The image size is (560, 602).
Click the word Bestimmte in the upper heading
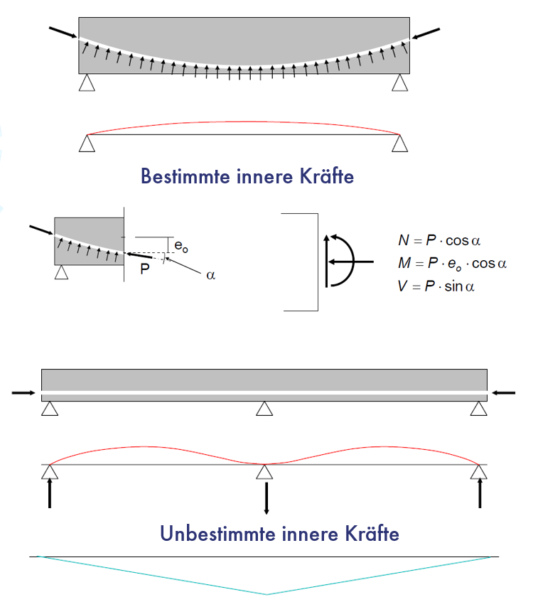click(x=185, y=176)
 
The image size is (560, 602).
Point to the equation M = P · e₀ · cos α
click(x=452, y=264)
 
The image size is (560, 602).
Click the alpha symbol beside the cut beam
click(x=210, y=275)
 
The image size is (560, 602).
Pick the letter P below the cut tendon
click(x=145, y=269)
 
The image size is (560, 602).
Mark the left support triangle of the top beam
click(x=87, y=83)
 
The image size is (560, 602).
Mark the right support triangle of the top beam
click(x=400, y=83)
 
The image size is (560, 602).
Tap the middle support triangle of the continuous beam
click(x=265, y=409)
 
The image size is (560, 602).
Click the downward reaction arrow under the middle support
click(x=266, y=498)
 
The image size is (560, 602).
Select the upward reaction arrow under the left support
click(x=50, y=492)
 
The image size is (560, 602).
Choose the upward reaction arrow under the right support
click(x=480, y=492)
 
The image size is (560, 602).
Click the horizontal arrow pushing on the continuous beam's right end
click(x=504, y=392)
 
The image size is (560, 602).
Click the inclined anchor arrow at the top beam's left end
click(x=63, y=33)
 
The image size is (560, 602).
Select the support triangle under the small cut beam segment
click(x=62, y=272)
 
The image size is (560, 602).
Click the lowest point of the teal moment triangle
click(x=267, y=593)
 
